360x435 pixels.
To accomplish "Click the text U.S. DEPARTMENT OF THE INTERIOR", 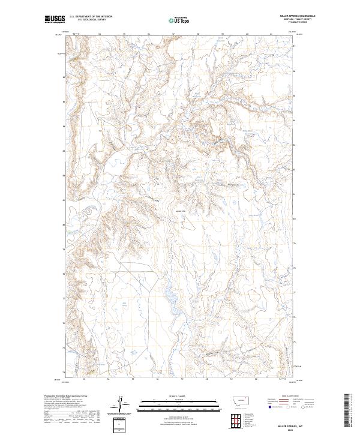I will [x=91, y=17].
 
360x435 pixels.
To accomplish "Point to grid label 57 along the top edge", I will [x=173, y=34].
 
